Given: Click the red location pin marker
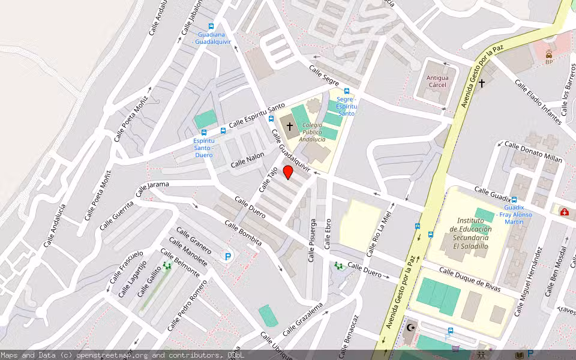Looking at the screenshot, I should coord(288,173).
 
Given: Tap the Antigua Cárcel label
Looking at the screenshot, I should coord(437,81).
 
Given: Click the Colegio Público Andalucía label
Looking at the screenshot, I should coord(312,132).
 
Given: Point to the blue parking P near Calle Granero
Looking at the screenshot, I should coord(228,256).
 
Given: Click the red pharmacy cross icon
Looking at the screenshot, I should coord(564,211).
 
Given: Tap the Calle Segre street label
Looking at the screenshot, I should coord(324,76).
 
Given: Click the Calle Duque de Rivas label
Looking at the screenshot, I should coord(470,280).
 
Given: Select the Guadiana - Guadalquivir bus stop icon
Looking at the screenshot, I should coord(211,26).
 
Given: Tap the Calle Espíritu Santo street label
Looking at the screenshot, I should coord(257,115).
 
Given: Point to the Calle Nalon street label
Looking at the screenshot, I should coord(248,160).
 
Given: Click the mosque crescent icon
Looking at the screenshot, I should coord(411,328).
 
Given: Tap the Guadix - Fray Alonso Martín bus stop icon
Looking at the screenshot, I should coord(514,199).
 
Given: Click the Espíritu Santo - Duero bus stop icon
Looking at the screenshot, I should coord(204,133).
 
